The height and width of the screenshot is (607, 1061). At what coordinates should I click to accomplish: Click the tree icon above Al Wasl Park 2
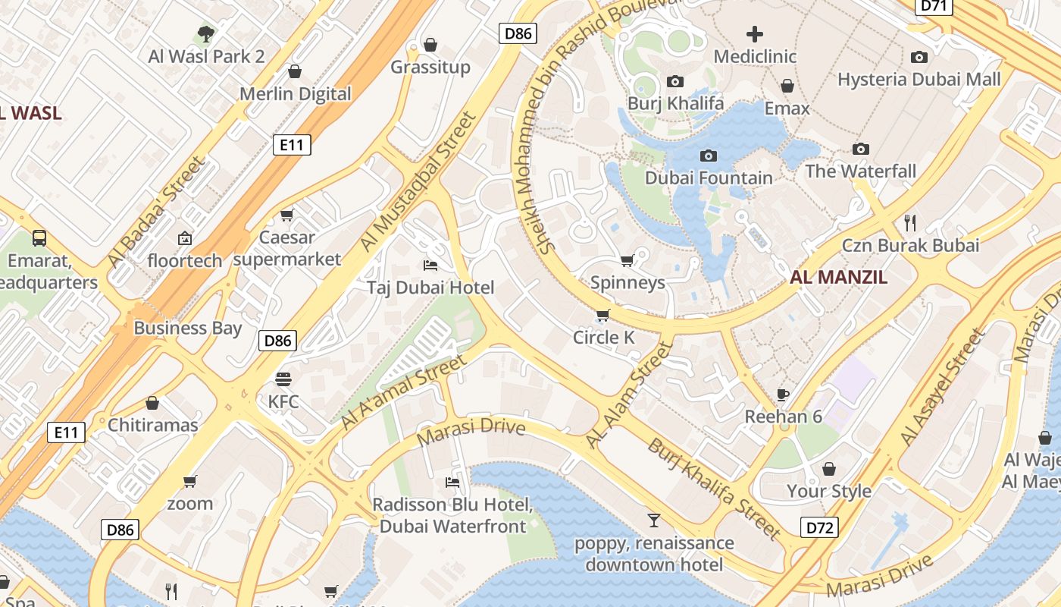point(205,33)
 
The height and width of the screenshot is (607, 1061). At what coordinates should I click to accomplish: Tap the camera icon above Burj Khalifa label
point(674,81)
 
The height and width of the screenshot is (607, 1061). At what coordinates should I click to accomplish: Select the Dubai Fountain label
point(709,178)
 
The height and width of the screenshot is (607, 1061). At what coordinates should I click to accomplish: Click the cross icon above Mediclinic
point(755,34)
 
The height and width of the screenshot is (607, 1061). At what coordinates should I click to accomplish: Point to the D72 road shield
point(819,527)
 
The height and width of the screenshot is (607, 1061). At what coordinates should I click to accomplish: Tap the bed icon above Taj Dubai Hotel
point(430,266)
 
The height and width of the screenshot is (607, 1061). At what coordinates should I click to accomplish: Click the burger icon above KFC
point(283,379)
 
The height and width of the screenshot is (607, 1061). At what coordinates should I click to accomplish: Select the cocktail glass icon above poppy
point(653,521)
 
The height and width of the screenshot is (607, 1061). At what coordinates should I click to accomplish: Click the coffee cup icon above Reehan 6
point(783,395)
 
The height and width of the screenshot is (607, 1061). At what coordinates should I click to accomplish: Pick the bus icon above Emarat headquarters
point(39,238)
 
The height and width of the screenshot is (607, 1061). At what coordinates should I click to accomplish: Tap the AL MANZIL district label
point(838,277)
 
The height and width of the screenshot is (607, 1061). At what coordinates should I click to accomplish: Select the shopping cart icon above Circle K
point(603,315)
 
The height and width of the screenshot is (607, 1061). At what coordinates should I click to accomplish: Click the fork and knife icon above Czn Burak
point(910,222)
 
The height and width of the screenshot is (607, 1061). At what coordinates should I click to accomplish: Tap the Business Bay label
point(187,328)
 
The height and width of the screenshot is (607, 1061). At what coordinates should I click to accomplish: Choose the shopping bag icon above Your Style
point(828,469)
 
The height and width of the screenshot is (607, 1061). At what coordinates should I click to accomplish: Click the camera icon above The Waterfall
point(860,149)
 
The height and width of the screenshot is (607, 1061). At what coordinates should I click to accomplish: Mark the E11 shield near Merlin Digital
point(292,145)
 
